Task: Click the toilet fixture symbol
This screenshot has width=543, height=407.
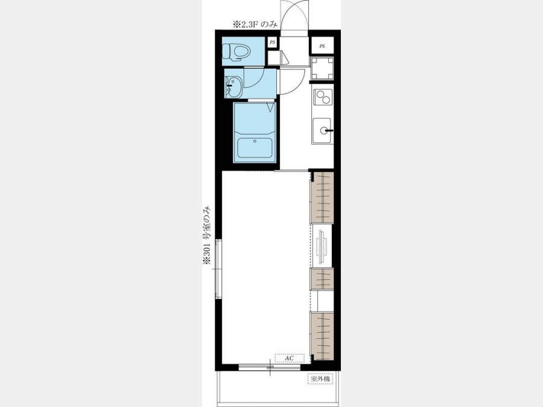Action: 236,52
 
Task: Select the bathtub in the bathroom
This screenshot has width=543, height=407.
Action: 255,148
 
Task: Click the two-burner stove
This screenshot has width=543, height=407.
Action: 322,97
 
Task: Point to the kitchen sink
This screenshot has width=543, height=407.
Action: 322,131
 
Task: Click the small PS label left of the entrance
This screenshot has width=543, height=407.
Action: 273,43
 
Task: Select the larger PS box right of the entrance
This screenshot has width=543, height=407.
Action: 322,46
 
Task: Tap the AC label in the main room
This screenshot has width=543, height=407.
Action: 289,358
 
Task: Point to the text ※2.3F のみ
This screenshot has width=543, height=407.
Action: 255,24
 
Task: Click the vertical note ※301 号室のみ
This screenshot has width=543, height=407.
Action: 207,235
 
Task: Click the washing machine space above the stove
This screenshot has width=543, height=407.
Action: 322,69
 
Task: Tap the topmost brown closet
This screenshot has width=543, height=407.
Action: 322,197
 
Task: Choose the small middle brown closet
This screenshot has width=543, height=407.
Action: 322,279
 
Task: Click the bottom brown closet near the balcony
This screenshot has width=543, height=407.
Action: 322,336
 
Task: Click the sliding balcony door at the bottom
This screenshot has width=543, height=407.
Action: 270,367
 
